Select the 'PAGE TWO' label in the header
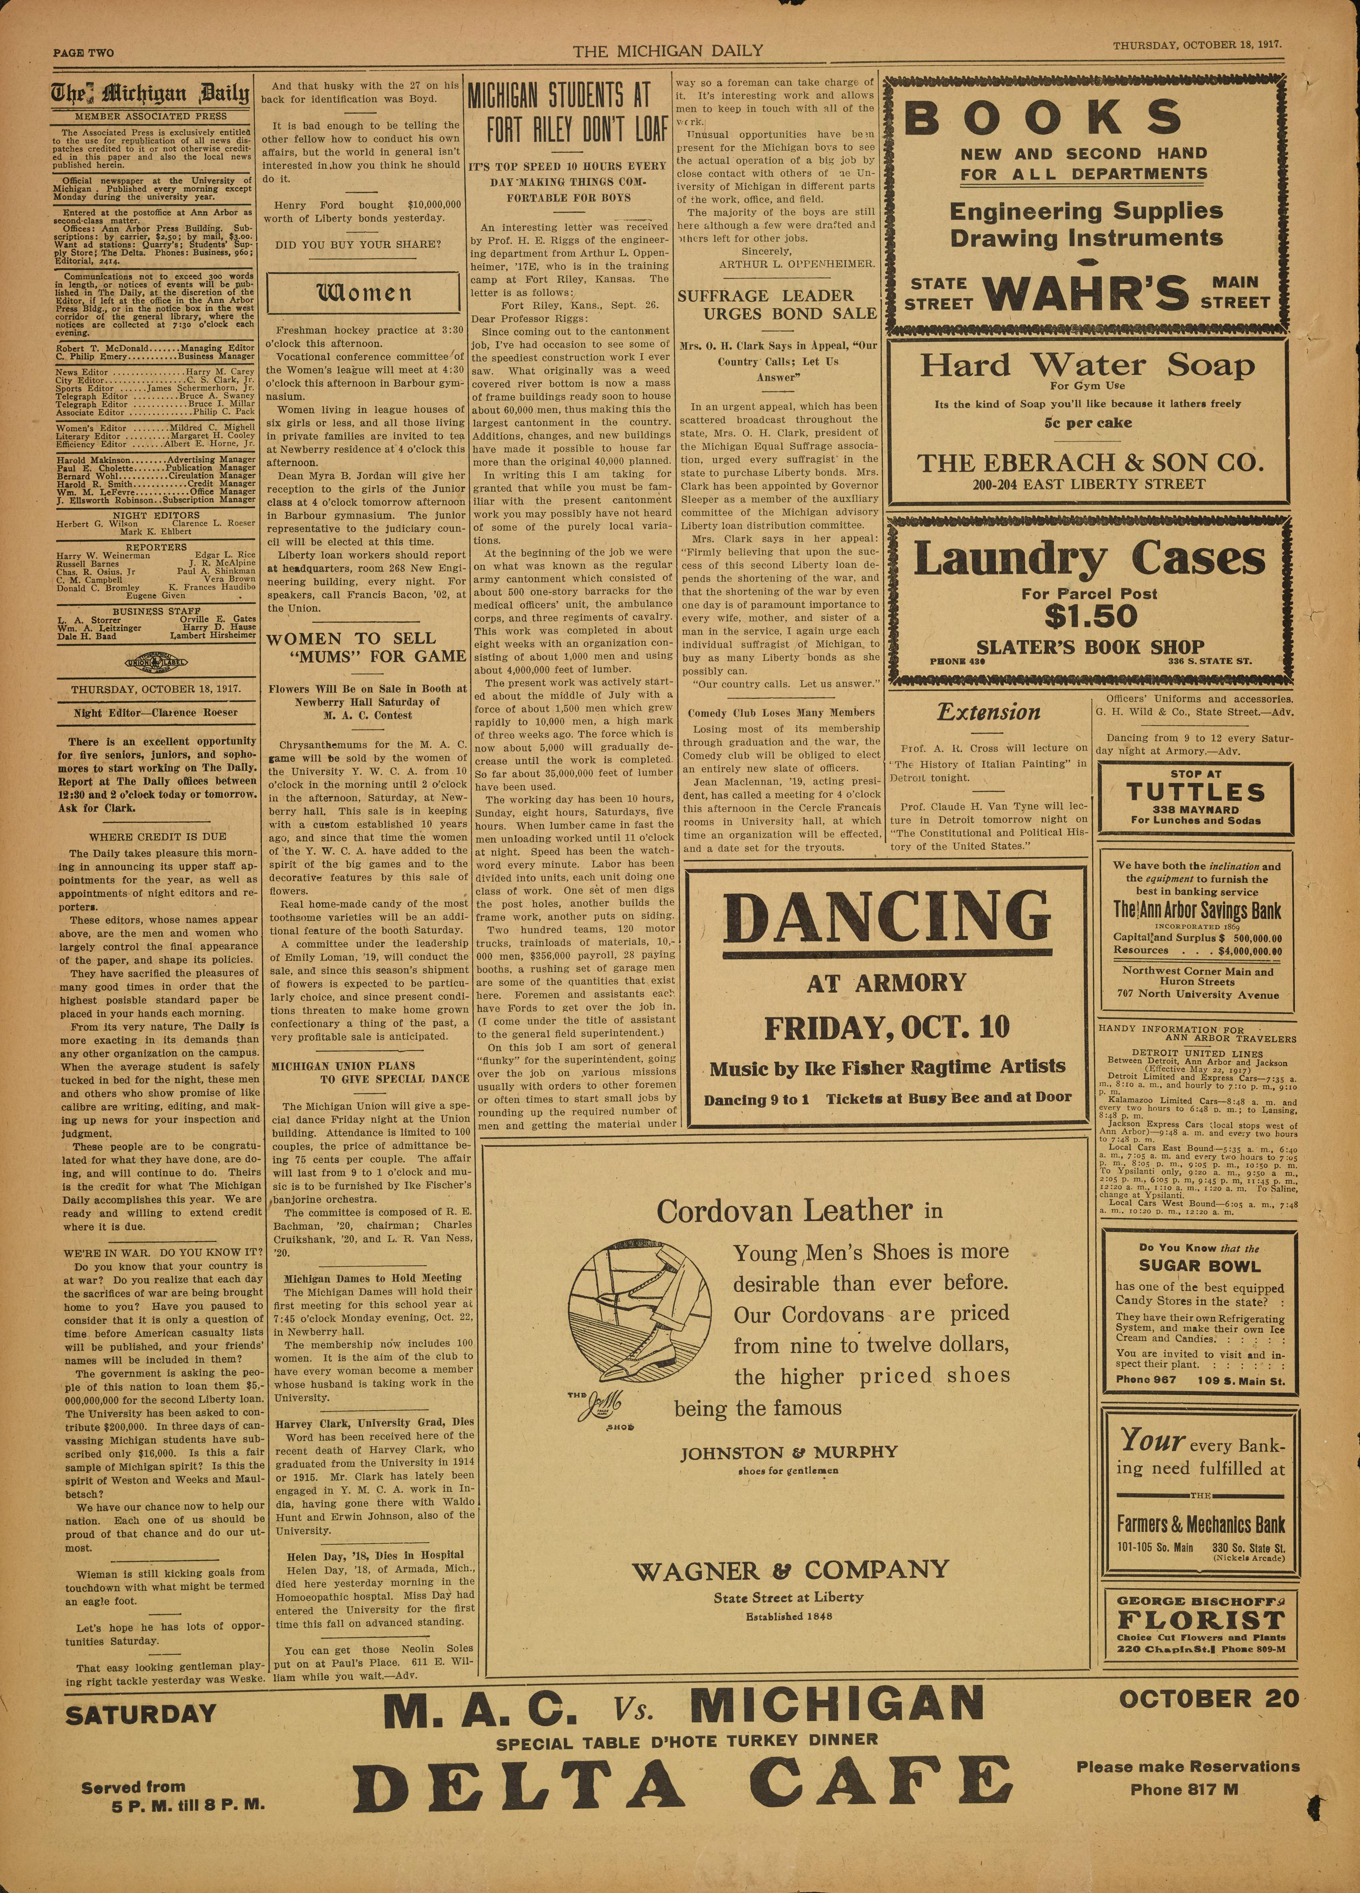pyautogui.click(x=84, y=53)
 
